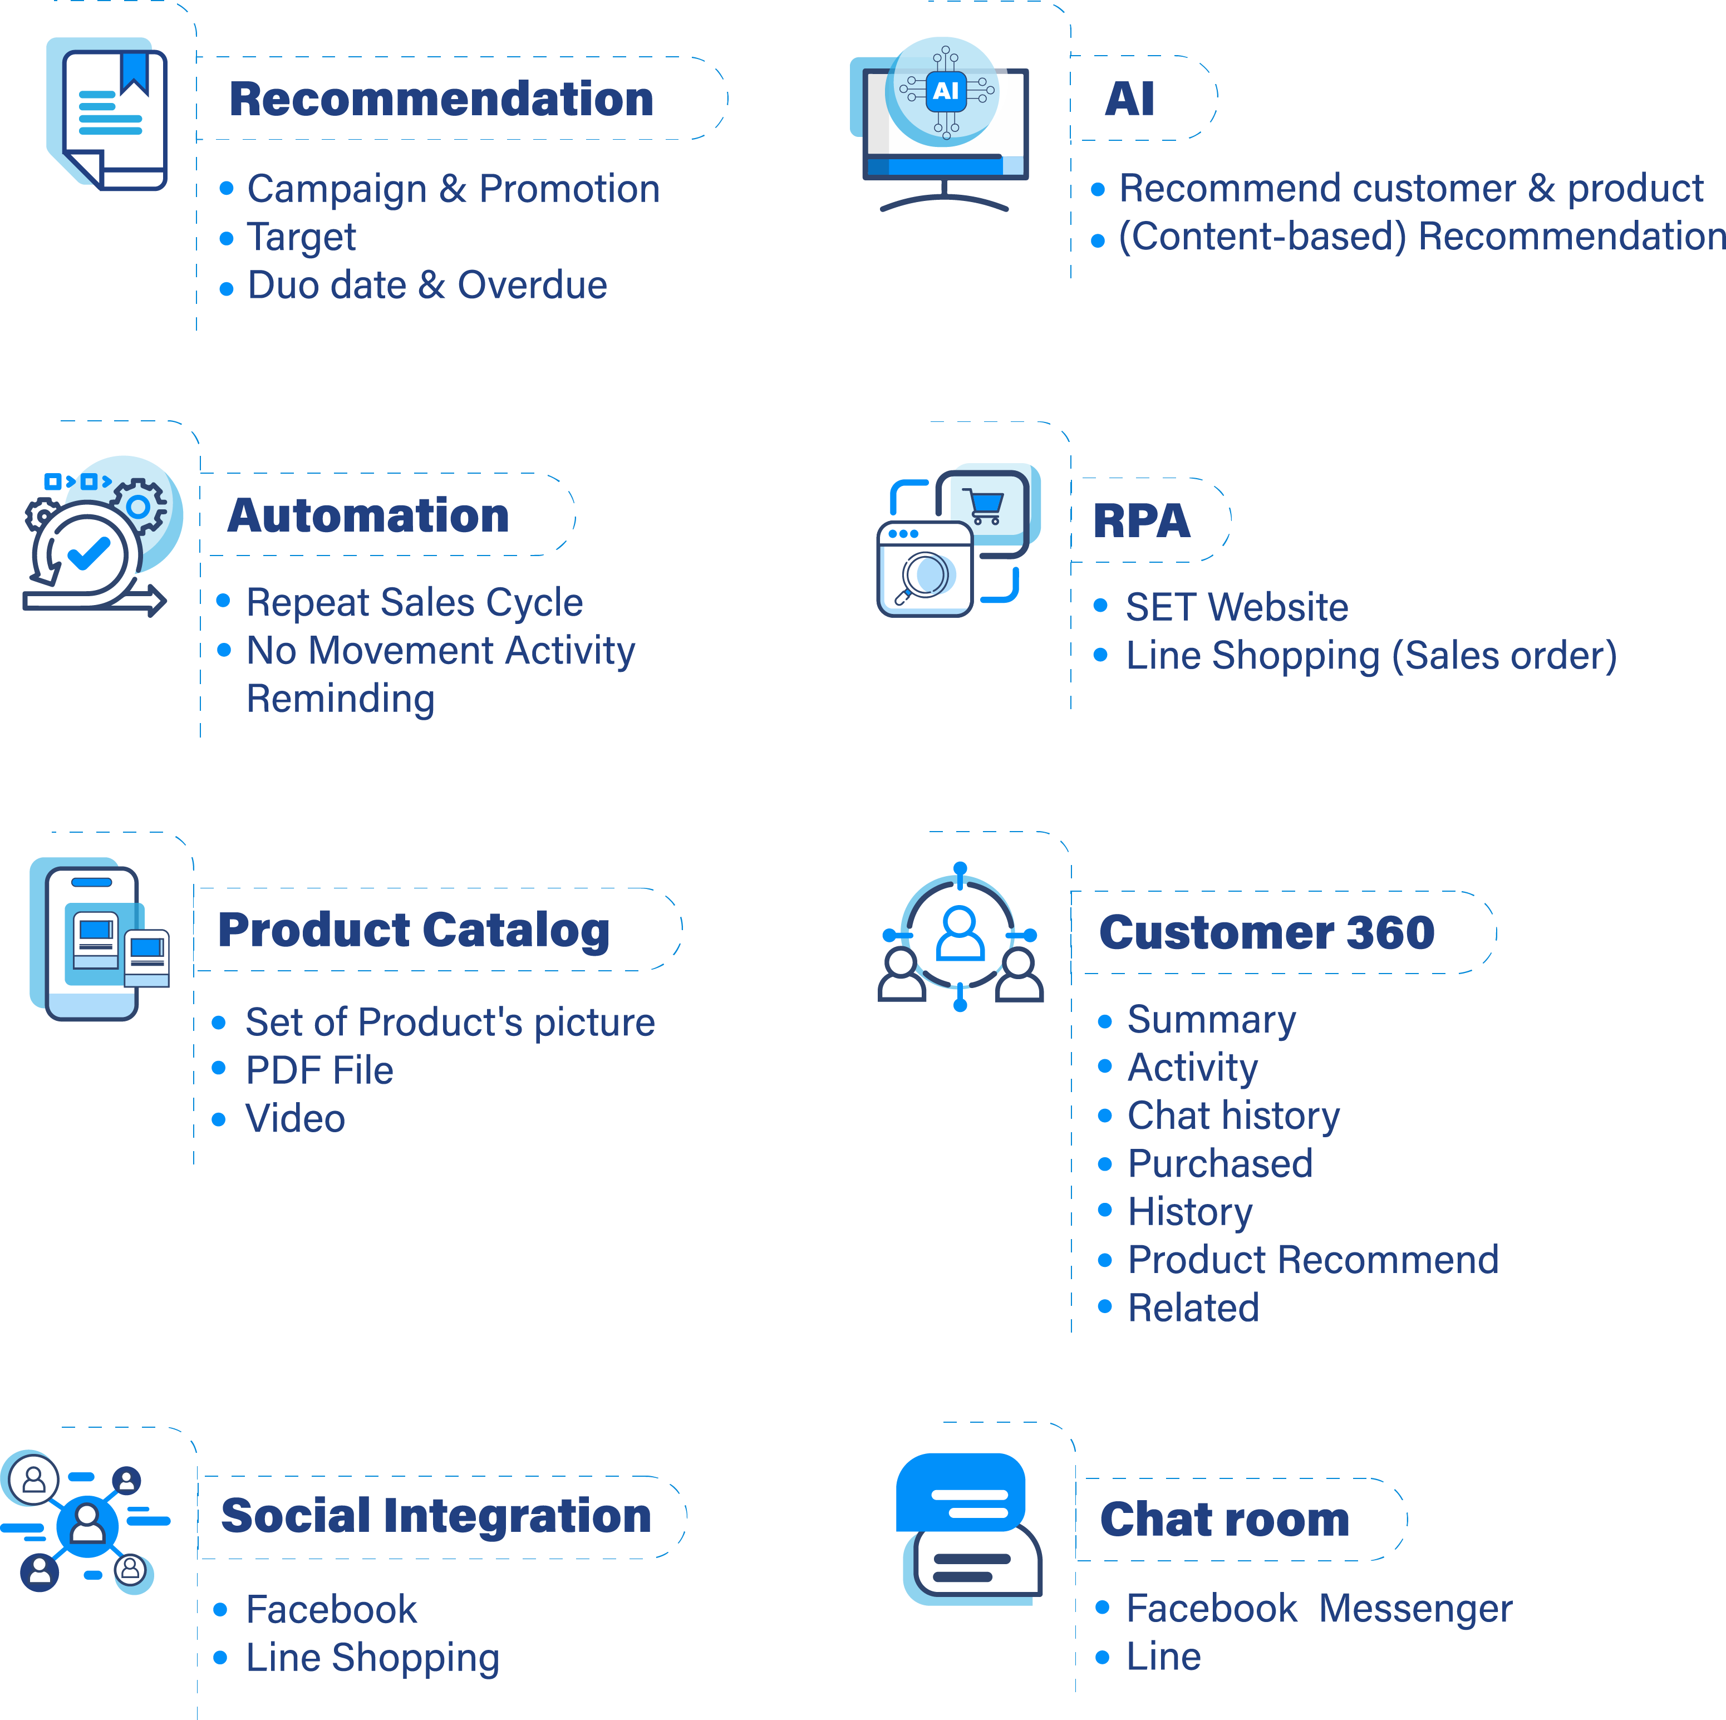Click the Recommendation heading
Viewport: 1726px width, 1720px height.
click(441, 99)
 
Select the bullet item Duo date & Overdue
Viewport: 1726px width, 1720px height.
click(427, 285)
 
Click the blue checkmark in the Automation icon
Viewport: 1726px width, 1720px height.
click(88, 553)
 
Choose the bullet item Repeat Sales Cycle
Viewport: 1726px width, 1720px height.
click(415, 602)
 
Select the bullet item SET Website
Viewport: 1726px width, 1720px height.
click(1236, 608)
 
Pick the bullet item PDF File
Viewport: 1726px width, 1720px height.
click(319, 1070)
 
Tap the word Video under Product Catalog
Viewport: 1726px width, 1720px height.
click(295, 1119)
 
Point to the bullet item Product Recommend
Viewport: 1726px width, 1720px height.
click(1312, 1260)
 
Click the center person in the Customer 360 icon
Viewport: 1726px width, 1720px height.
click(960, 933)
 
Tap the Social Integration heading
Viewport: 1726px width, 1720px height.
click(436, 1516)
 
